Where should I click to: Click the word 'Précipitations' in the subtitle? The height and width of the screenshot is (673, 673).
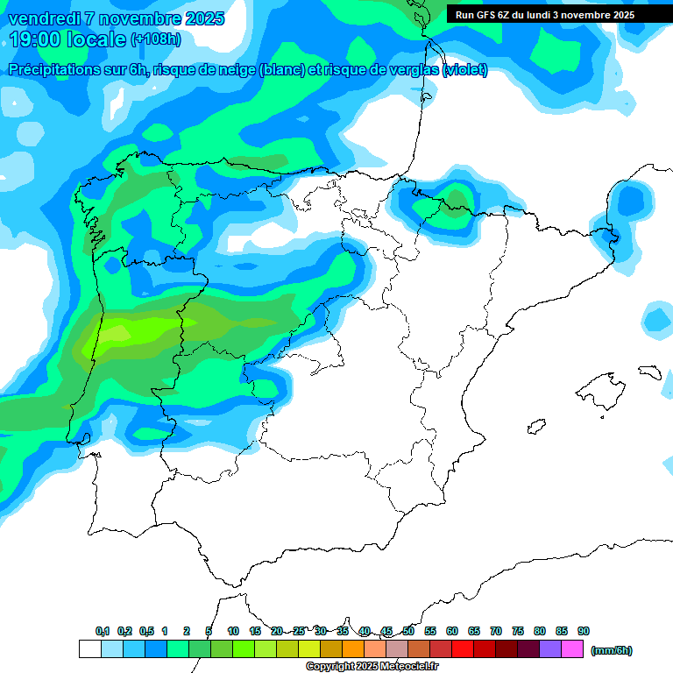58,70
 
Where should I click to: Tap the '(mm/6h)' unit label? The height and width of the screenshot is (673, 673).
612,650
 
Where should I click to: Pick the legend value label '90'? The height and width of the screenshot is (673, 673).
584,631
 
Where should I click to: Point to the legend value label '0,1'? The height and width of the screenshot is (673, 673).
103,631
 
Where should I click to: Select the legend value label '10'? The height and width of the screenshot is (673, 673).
233,631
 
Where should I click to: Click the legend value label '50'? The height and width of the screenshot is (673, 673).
408,631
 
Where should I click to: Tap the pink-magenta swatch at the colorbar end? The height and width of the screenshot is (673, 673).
572,649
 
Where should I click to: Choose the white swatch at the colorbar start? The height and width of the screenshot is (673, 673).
89,649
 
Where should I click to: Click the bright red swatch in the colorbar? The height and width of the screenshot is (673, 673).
463,649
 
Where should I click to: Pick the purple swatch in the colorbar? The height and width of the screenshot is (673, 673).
550,649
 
